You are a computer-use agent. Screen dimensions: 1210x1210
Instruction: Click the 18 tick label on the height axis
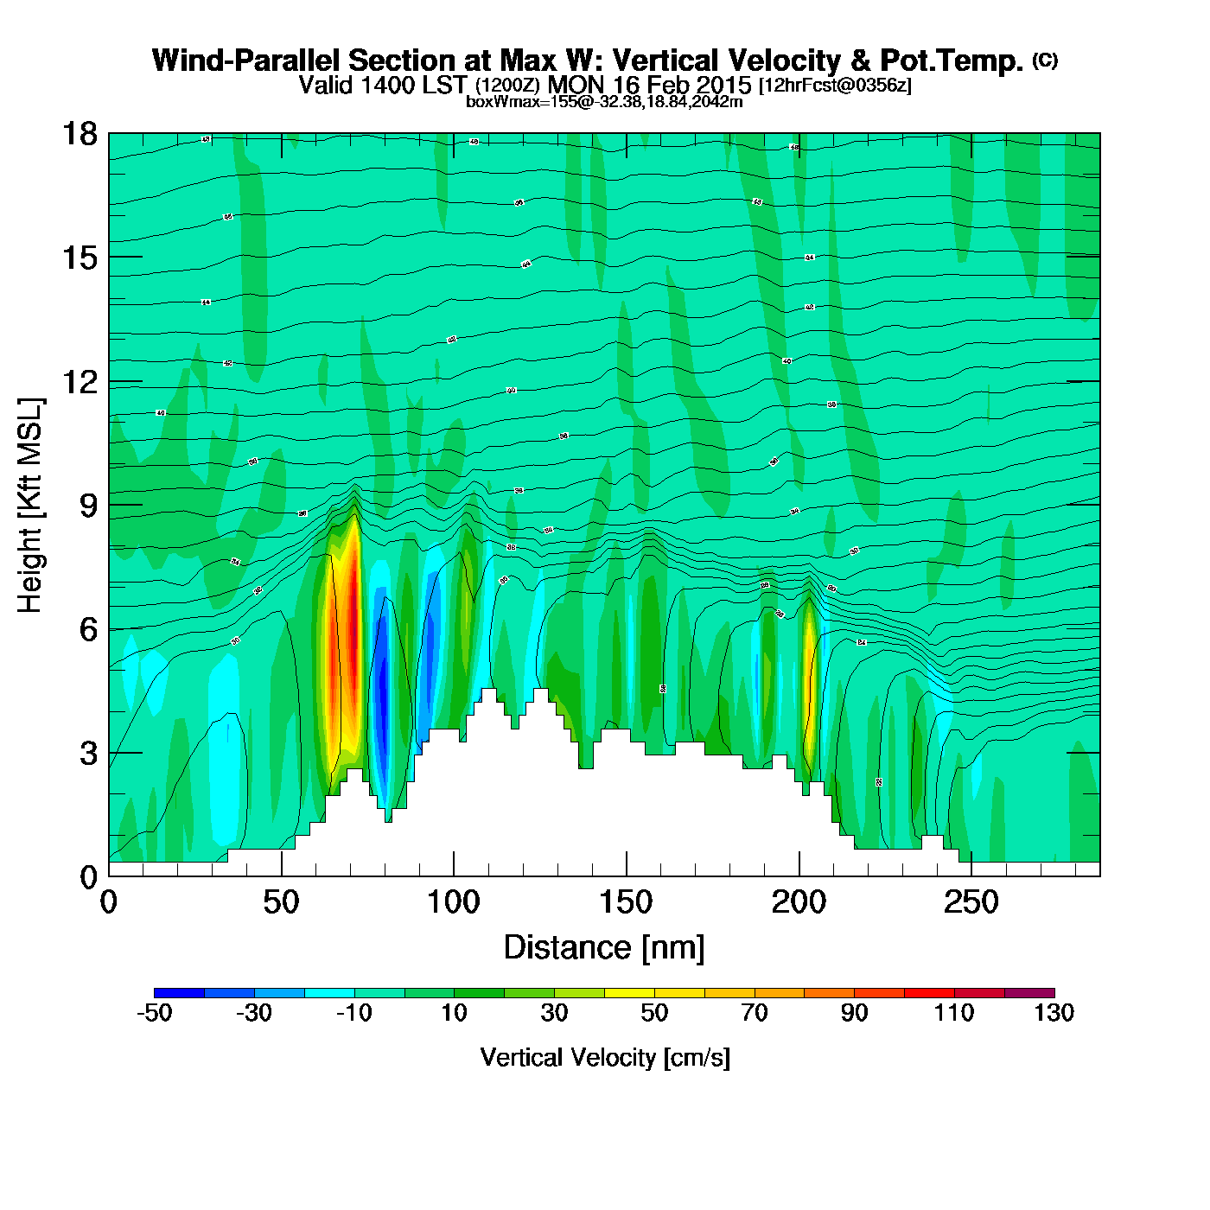(x=80, y=134)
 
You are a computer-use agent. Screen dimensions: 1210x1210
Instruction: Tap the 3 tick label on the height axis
(x=88, y=754)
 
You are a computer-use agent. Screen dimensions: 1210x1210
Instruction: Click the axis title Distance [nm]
(x=604, y=948)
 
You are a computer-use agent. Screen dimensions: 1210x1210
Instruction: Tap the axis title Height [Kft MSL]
(x=30, y=506)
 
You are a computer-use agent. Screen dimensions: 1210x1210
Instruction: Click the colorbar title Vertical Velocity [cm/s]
(x=604, y=1057)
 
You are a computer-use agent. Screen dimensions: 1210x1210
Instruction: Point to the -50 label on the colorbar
(x=155, y=1013)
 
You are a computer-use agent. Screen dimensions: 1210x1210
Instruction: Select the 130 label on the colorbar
(x=1054, y=1013)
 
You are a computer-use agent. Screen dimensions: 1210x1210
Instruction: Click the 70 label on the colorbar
(x=754, y=1013)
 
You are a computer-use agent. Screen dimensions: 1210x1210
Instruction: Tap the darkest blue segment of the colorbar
(x=179, y=992)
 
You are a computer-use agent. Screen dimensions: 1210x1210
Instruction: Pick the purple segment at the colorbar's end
(x=1029, y=992)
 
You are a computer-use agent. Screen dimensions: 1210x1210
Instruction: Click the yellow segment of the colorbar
(x=629, y=992)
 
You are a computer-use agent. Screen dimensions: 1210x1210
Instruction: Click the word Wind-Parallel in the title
(x=248, y=60)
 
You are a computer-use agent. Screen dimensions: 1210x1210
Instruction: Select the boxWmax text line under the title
(x=604, y=102)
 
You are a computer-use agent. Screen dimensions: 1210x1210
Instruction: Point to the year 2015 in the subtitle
(x=722, y=85)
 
